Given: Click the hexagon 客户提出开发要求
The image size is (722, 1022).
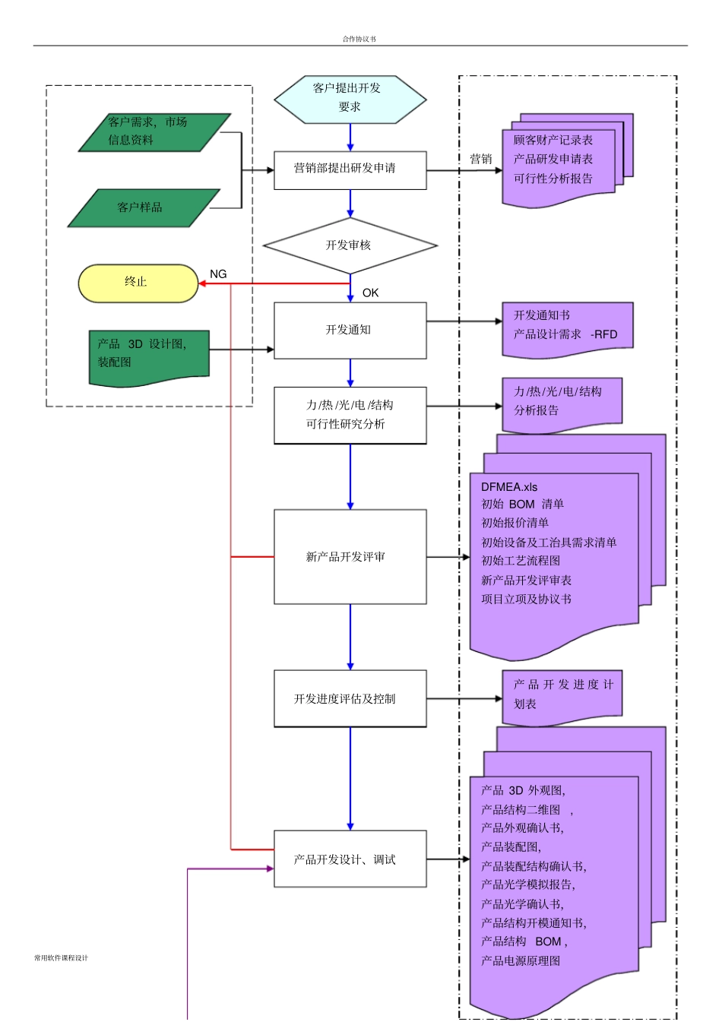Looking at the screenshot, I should point(350,99).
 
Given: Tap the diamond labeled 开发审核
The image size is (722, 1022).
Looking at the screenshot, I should point(350,245).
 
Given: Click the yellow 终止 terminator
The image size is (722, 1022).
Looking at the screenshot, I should point(138,283).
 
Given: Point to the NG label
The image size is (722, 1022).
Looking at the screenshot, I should point(218,274).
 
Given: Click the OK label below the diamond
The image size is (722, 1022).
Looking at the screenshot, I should point(370,293).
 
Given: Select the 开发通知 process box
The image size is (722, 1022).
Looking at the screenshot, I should point(350,330).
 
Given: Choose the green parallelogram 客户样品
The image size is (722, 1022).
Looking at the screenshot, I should point(143,207).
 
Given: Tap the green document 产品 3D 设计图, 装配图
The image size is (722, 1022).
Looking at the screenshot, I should point(148,356).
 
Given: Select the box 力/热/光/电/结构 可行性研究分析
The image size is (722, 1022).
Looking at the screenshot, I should point(350,415).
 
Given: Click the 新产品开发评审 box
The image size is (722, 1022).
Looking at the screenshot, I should point(350,557).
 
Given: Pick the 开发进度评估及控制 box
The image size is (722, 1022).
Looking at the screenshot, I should point(350,698).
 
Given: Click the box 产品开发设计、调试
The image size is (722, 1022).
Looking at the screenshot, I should point(350,859).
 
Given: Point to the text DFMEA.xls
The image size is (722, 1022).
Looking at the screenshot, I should point(509,487).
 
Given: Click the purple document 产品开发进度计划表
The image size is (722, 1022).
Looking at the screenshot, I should point(562,695).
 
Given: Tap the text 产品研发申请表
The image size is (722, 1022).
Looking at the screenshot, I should point(553,160).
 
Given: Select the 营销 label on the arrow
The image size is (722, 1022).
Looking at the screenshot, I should point(480,159).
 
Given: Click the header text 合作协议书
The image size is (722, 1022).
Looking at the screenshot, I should point(359,39).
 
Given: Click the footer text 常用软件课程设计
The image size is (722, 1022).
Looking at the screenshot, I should point(61,957).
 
